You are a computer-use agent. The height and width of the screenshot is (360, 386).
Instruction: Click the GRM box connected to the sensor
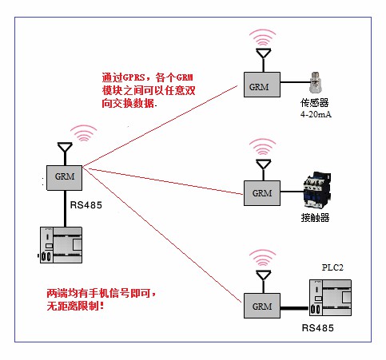pyautogui.click(x=262, y=85)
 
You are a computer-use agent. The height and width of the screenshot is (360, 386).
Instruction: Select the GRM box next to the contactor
pyautogui.click(x=262, y=193)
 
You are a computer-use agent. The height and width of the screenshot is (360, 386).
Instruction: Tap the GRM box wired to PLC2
pyautogui.click(x=262, y=306)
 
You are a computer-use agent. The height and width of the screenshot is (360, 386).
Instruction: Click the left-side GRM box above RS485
pyautogui.click(x=64, y=178)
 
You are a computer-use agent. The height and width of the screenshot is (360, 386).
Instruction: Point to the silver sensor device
pyautogui.click(x=316, y=82)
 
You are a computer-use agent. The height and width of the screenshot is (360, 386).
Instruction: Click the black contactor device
pyautogui.click(x=317, y=190)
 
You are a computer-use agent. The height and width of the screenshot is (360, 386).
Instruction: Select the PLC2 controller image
pyautogui.click(x=330, y=298)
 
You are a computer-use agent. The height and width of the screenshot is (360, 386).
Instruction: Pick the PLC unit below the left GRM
pyautogui.click(x=61, y=245)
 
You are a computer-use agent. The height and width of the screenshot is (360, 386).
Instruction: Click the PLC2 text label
pyautogui.click(x=332, y=267)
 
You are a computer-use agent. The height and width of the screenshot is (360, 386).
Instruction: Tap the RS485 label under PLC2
pyautogui.click(x=317, y=328)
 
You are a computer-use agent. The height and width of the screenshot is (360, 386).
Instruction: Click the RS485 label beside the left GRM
pyautogui.click(x=86, y=205)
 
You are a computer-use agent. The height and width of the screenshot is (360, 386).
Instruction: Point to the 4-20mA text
pyautogui.click(x=316, y=114)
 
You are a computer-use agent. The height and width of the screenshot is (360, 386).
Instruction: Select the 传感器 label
pyautogui.click(x=314, y=103)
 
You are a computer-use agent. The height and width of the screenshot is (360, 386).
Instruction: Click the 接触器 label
pyautogui.click(x=315, y=218)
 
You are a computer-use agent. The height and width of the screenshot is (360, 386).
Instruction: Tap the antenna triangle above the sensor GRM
pyautogui.click(x=264, y=53)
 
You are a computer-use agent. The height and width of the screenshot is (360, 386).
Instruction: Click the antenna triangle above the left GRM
pyautogui.click(x=65, y=148)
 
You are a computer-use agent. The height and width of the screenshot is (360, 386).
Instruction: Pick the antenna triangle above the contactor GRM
pyautogui.click(x=264, y=164)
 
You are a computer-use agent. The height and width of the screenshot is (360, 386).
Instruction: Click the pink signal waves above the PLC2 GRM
pyautogui.click(x=263, y=258)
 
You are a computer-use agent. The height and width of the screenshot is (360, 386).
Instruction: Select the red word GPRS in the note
pyautogui.click(x=134, y=77)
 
